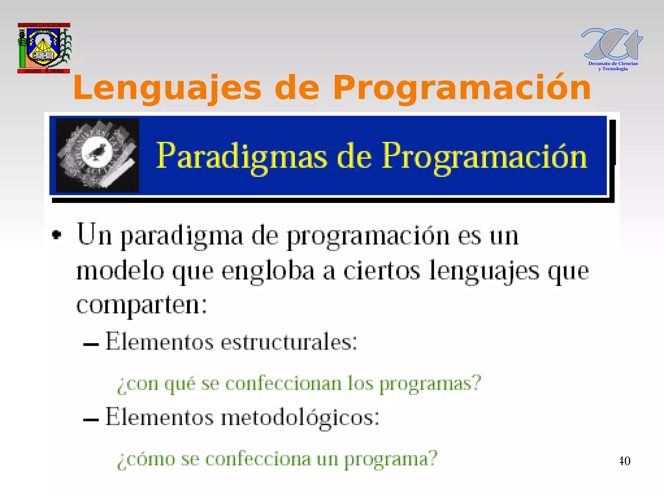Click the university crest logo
44,48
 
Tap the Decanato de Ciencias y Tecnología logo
612,49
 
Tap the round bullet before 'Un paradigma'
57,234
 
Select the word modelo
120,271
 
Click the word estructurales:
289,342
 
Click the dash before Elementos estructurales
91,345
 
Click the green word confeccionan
283,383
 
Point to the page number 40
624,461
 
